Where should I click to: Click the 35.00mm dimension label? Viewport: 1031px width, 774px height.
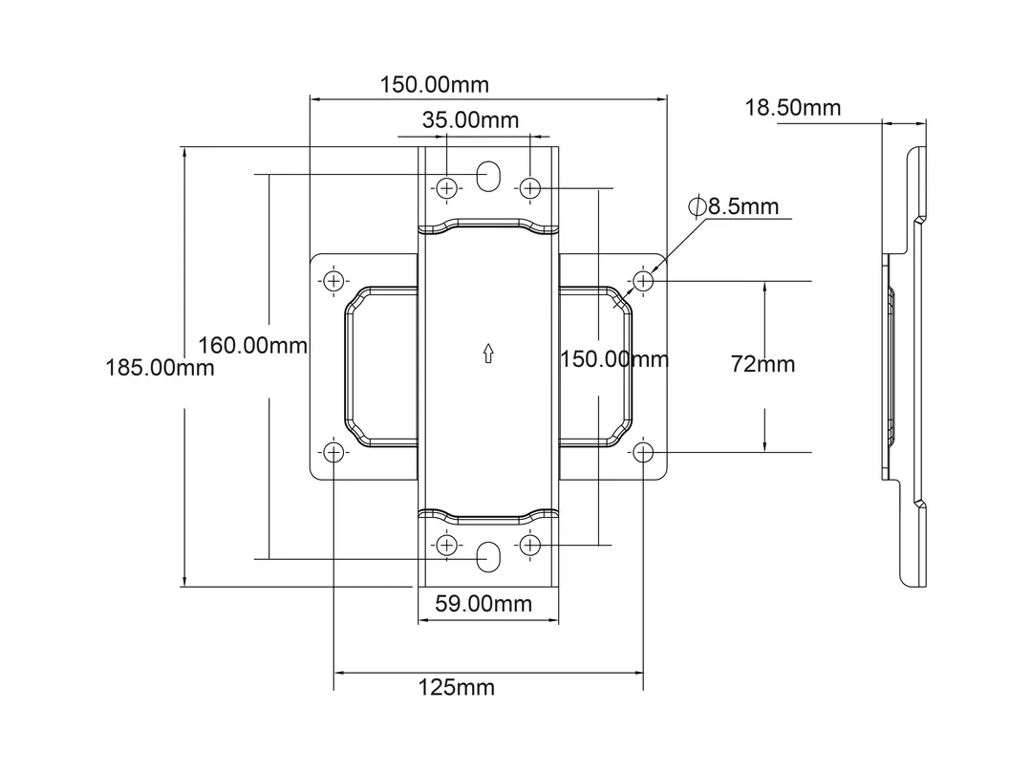(470, 120)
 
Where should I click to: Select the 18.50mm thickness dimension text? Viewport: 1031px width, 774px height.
(793, 108)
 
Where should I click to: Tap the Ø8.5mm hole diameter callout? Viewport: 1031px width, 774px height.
(733, 206)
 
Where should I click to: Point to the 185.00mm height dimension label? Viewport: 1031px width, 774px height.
(160, 367)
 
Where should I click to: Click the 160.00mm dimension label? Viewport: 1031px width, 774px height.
(253, 345)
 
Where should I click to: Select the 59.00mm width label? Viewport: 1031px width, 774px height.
(483, 603)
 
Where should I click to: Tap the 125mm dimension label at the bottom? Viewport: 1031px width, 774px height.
(457, 687)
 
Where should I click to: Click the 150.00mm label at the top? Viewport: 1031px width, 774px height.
(435, 84)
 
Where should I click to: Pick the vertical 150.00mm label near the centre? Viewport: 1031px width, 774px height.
(613, 359)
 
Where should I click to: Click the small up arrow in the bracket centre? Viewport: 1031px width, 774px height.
(488, 355)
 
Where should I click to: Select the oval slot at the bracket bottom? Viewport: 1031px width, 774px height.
(488, 556)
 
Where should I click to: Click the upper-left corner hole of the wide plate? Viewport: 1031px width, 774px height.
(333, 281)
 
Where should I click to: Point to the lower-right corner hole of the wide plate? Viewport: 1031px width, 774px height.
(643, 451)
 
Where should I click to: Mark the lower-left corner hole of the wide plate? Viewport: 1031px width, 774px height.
(333, 451)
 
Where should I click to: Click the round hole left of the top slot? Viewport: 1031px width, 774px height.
(446, 187)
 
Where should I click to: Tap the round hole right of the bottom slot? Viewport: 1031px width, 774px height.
(530, 545)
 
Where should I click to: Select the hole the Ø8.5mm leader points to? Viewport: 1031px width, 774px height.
(643, 281)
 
